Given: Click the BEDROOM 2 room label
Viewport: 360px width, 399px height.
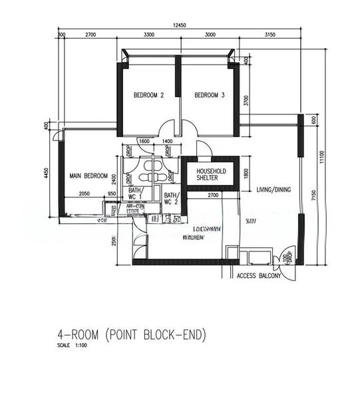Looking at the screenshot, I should pos(148,96).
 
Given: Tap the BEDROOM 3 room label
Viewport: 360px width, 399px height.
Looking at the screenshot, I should pos(209,96).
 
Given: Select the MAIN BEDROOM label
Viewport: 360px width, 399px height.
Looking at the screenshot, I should pos(89,176).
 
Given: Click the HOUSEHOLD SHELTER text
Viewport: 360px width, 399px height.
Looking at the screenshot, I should pos(211,175).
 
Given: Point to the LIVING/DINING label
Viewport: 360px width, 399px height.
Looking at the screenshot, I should pos(273,190).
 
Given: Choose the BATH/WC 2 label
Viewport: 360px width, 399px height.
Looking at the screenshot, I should pos(172,198).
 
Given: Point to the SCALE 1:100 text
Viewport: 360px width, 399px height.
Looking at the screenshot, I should pos(72,346).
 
